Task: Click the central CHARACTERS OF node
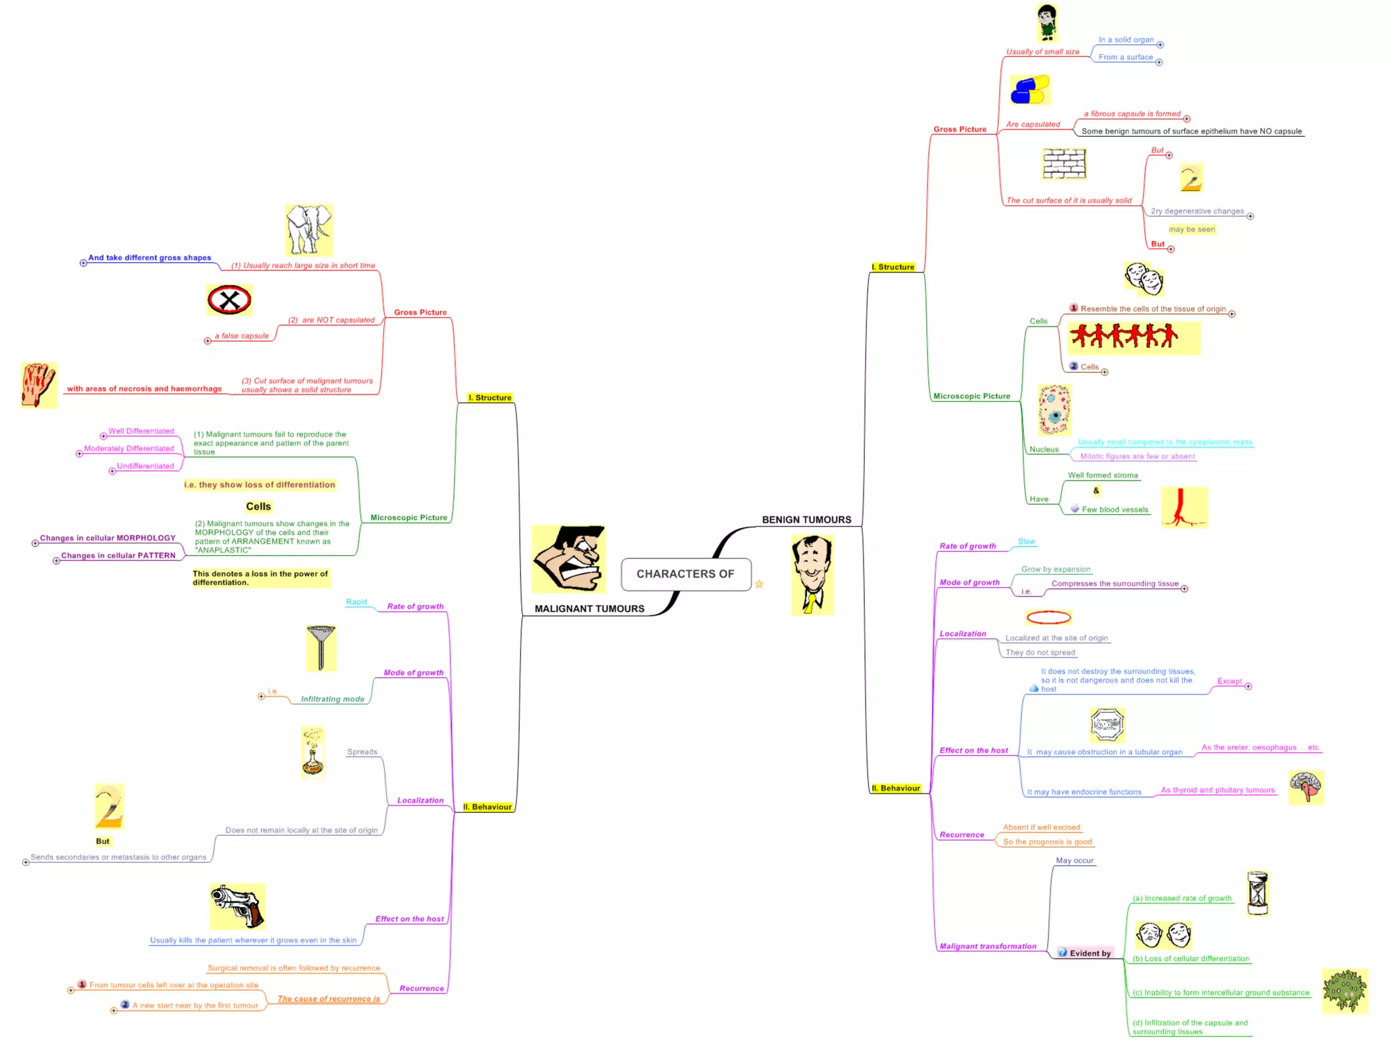[685, 574]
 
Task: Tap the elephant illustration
[309, 230]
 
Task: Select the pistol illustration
[237, 906]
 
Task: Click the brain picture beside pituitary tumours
[1306, 787]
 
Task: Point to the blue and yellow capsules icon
[1030, 90]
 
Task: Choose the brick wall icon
[1064, 163]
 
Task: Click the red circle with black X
[229, 300]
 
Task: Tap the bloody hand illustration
[39, 384]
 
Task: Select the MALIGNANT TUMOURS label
[589, 609]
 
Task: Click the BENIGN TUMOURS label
[806, 520]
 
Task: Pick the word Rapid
[356, 602]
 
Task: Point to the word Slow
[1026, 542]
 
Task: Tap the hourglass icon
[1257, 893]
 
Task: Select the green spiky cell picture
[1344, 991]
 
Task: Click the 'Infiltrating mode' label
[332, 699]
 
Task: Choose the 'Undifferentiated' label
[145, 466]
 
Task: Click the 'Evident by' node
[1090, 953]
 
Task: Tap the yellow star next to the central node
[759, 584]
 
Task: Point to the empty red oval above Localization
[1049, 617]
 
